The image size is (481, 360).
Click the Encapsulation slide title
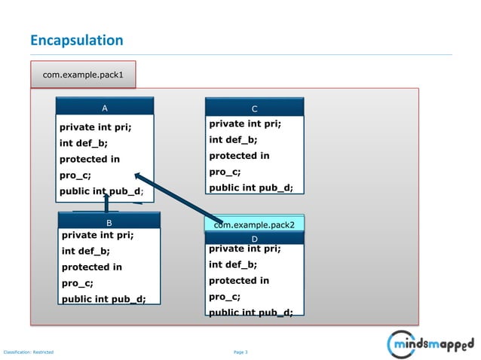(76, 41)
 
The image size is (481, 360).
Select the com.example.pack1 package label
(83, 75)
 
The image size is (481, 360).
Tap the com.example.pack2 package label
(254, 224)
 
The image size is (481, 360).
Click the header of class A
(105, 108)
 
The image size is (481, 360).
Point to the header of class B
(109, 223)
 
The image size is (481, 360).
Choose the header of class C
(254, 108)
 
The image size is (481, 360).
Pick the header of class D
(254, 239)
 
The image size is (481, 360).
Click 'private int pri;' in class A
(95, 127)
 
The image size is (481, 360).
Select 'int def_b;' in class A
(84, 143)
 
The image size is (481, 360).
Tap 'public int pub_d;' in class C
(250, 188)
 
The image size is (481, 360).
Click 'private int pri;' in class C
(244, 124)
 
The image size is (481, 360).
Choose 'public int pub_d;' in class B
(103, 299)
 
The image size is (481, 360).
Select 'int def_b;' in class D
(233, 264)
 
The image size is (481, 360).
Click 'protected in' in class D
(239, 280)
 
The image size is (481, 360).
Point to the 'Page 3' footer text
(240, 352)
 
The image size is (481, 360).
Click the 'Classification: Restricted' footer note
(29, 352)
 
